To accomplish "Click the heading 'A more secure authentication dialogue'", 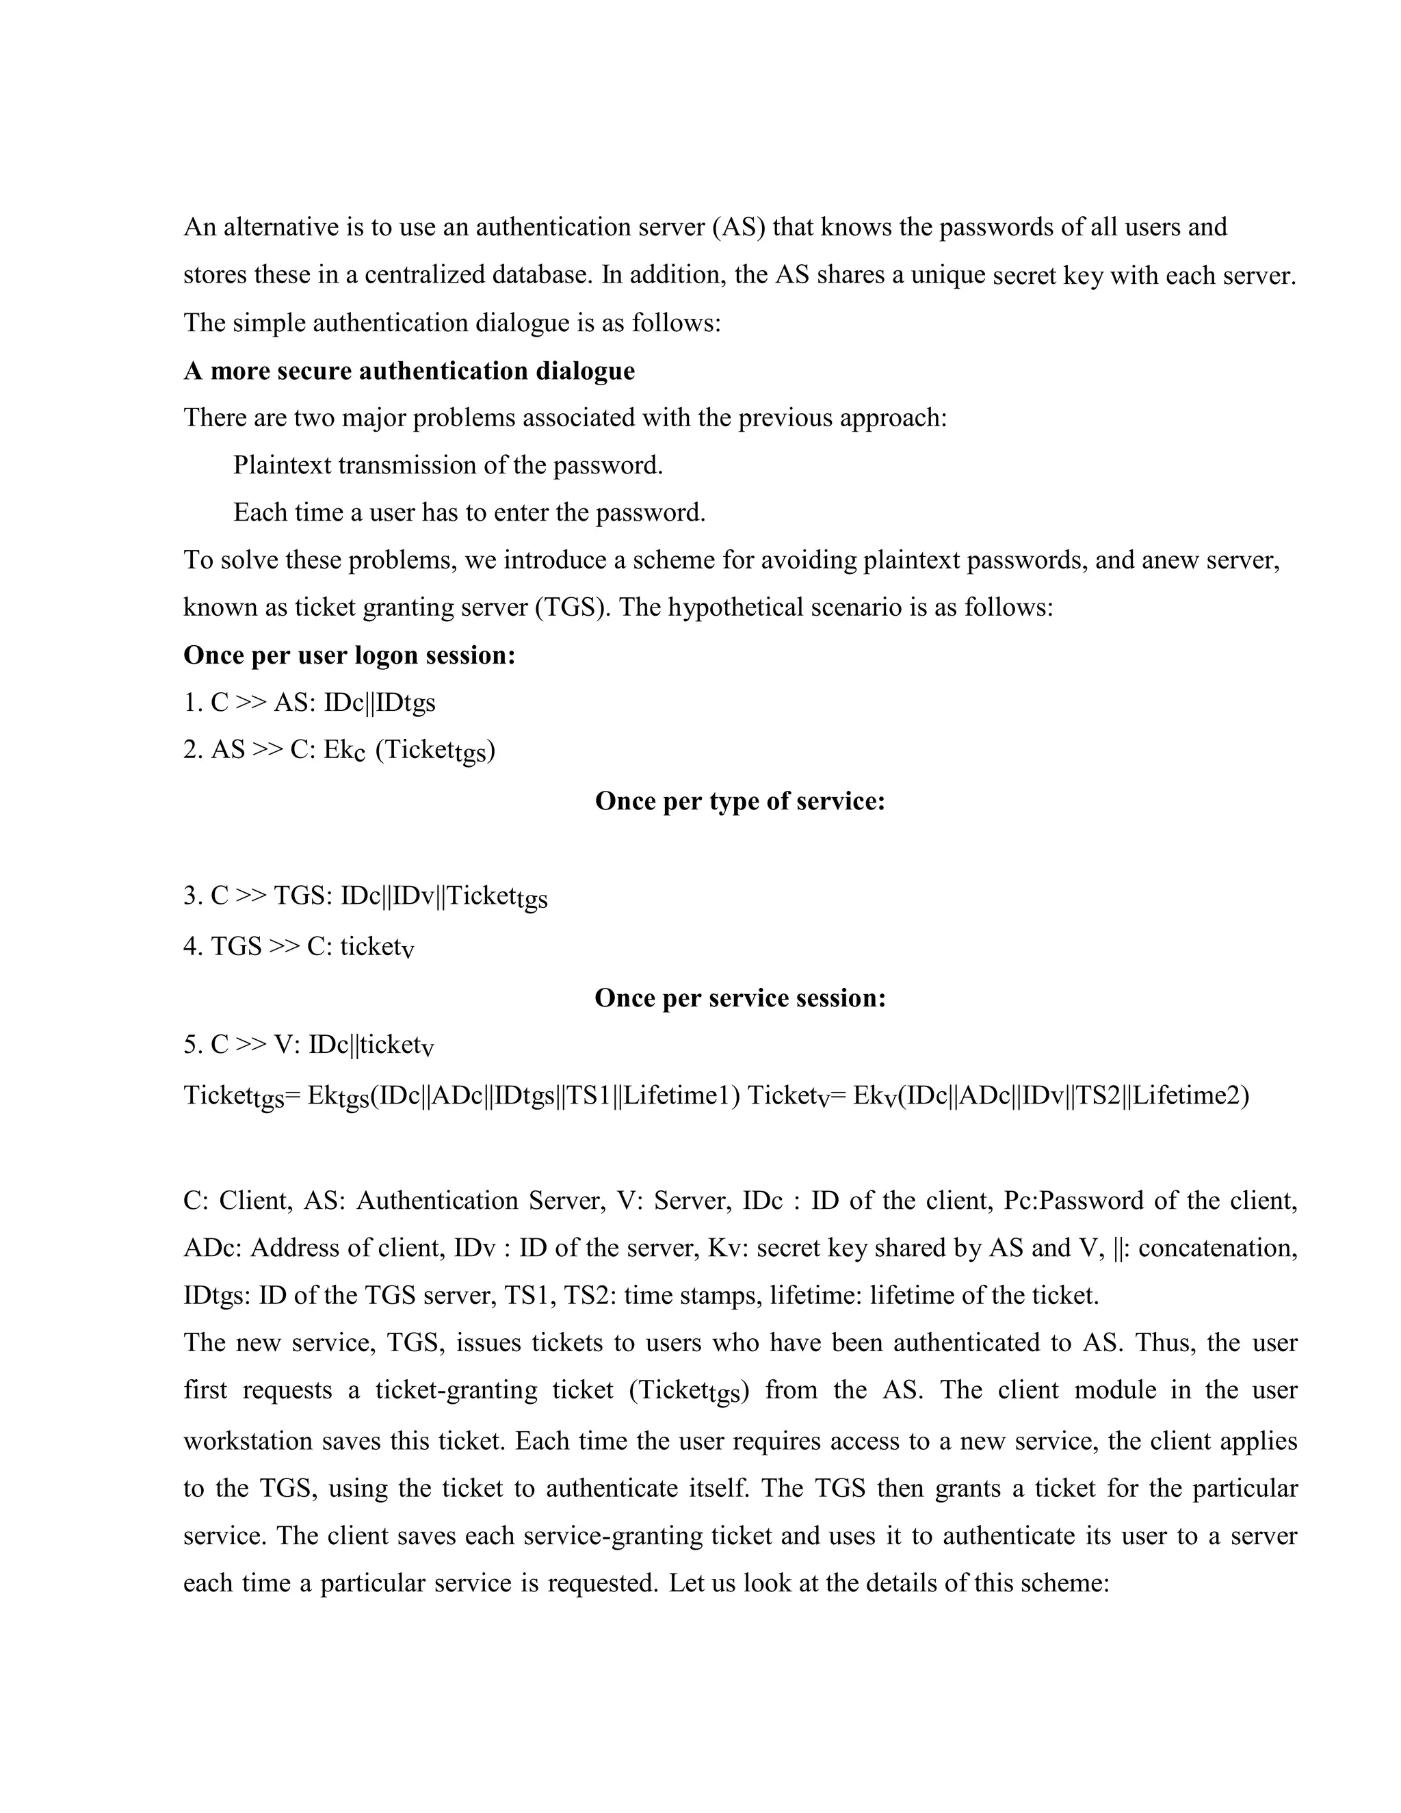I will [408, 370].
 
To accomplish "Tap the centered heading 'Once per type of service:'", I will [739, 801].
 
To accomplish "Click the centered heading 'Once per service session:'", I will [739, 997].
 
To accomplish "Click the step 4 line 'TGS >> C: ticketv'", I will [299, 946].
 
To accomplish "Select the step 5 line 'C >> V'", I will [309, 1045].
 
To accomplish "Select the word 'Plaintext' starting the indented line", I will [281, 465].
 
